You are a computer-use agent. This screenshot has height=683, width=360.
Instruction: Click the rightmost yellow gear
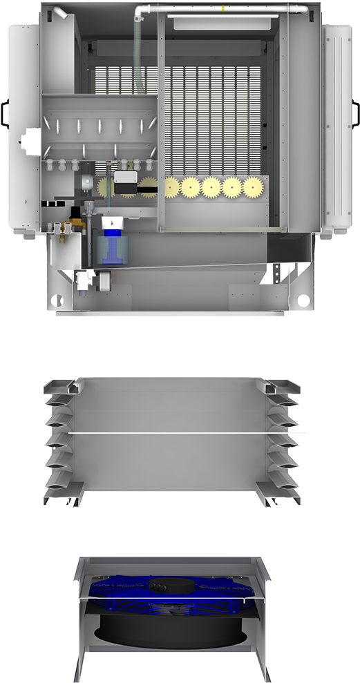tap(254, 186)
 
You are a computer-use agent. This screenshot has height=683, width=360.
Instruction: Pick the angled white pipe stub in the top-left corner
tap(61, 13)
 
